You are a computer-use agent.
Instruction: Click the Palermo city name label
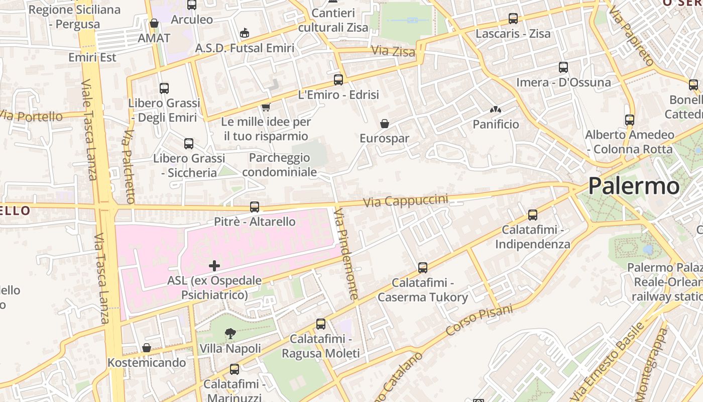(634, 186)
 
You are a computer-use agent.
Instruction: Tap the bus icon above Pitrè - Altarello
(255, 207)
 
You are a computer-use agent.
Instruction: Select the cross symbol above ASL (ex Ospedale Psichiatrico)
(214, 265)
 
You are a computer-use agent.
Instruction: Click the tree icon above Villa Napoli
(230, 333)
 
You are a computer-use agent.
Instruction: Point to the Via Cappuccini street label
(405, 200)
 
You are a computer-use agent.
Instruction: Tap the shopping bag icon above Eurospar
(385, 124)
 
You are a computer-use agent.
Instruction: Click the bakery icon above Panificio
(496, 109)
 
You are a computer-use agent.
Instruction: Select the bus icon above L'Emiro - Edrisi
(338, 79)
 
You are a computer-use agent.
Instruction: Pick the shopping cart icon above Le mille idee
(266, 107)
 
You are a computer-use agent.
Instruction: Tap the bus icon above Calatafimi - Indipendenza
(533, 215)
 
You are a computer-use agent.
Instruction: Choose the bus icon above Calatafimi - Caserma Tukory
(423, 268)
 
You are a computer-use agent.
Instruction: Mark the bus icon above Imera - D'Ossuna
(563, 67)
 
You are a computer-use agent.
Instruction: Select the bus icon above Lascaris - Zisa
(513, 19)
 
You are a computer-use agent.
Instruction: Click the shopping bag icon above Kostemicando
(147, 348)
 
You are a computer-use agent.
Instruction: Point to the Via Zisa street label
(393, 51)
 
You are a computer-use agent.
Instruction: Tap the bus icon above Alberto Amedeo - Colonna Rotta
(630, 120)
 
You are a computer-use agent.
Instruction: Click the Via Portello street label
(32, 116)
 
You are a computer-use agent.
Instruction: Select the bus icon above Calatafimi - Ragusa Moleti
(321, 324)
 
